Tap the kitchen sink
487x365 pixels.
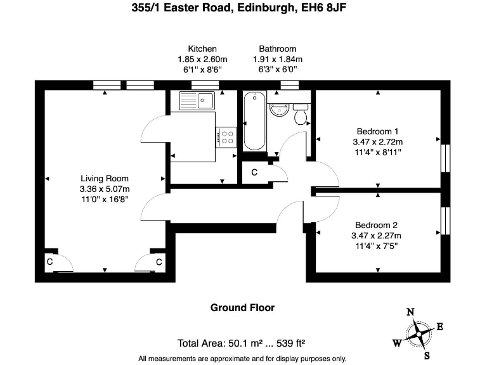click(x=197, y=100)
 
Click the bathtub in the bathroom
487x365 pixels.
click(x=254, y=120)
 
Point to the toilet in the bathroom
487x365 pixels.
click(x=301, y=114)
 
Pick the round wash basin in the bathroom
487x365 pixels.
click(x=278, y=109)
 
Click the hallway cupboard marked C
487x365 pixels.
click(x=254, y=172)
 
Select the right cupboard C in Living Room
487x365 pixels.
click(x=159, y=262)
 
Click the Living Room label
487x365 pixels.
click(x=104, y=179)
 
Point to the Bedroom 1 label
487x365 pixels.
click(x=377, y=132)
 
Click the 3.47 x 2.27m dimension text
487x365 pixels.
click(x=377, y=236)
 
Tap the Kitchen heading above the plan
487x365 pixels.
click(x=202, y=49)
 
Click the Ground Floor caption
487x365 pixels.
click(x=242, y=308)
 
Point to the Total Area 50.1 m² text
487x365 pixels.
click(x=242, y=344)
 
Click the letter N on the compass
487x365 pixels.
click(x=410, y=311)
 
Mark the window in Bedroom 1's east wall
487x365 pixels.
click(x=445, y=157)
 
